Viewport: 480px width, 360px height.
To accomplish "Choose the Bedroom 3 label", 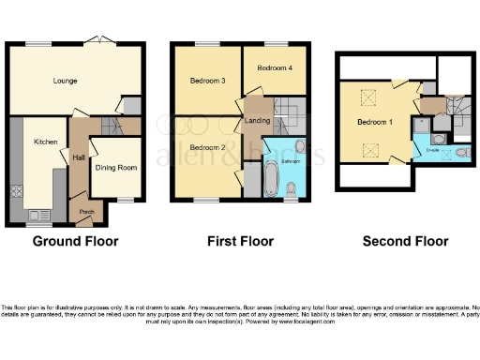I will coord(198,81).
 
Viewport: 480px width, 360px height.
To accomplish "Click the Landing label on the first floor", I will coord(257,120).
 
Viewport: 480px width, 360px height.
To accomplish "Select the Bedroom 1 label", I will coord(375,122).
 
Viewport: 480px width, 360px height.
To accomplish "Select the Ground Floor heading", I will coord(75,241).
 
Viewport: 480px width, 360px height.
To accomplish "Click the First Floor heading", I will coord(240,241).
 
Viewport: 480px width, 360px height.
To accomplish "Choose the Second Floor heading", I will coord(405,241).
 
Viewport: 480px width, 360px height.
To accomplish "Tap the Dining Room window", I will coord(124,201).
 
